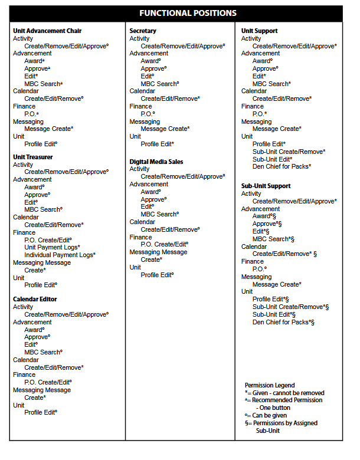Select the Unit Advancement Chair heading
point(47,31)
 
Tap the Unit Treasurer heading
point(33,157)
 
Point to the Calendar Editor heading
point(35,299)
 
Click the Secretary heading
point(143,31)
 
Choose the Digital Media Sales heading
point(156,161)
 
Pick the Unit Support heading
point(259,31)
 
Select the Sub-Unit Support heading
point(266,186)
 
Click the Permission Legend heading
point(270,385)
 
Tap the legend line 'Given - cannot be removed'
point(285,393)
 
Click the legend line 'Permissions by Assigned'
point(283,423)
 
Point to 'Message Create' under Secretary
point(163,129)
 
